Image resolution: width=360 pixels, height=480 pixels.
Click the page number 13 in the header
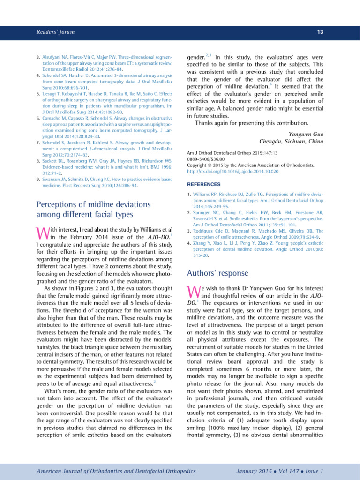[x=320, y=32]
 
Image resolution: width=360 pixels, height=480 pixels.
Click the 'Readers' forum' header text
[x=55, y=32]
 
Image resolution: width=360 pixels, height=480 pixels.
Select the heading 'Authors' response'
[x=217, y=273]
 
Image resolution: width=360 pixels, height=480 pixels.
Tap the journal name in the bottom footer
[x=110, y=470]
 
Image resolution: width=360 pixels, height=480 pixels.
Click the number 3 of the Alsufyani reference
[x=38, y=56]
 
